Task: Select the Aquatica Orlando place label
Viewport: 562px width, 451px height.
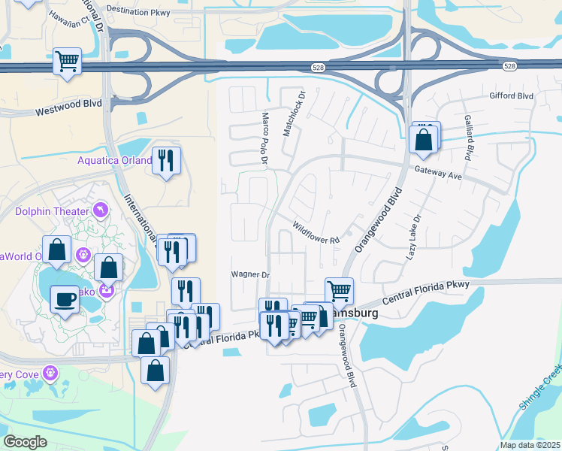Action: pyautogui.click(x=115, y=160)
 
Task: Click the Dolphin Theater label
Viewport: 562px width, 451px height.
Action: pyautogui.click(x=52, y=211)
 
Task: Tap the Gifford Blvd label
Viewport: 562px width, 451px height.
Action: pyautogui.click(x=511, y=96)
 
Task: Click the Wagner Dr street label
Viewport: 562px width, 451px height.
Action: pyautogui.click(x=249, y=275)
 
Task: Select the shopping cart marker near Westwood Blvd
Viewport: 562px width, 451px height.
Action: pyautogui.click(x=68, y=60)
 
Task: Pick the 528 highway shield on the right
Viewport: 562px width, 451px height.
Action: pyautogui.click(x=510, y=67)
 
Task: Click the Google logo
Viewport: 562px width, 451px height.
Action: pyautogui.click(x=25, y=442)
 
